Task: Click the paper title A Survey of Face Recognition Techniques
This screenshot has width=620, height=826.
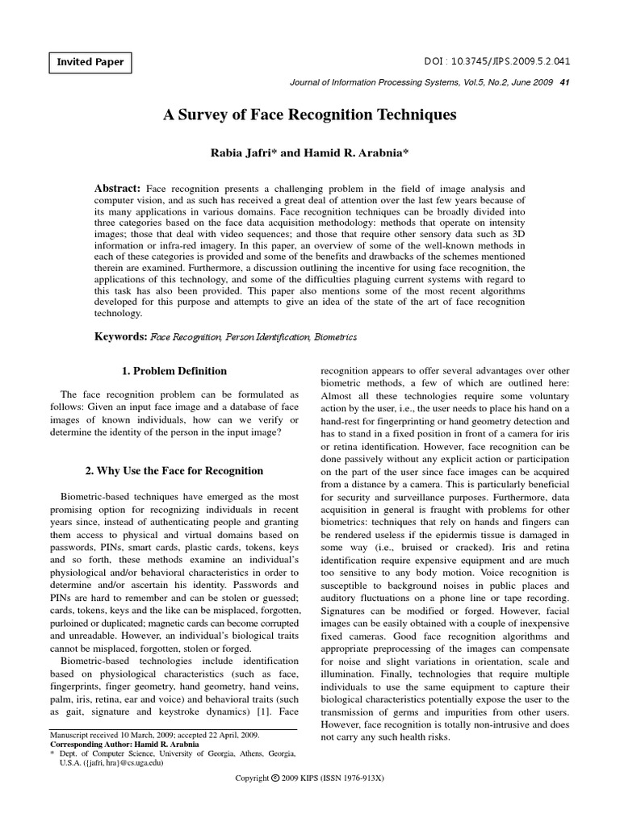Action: point(310,115)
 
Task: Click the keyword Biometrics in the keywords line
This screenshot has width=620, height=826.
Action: point(335,336)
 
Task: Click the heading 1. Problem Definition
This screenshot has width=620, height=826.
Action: point(174,371)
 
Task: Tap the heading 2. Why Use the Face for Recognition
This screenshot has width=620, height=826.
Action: point(174,470)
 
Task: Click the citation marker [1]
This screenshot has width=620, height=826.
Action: point(261,712)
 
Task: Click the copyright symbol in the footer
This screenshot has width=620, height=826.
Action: point(275,800)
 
